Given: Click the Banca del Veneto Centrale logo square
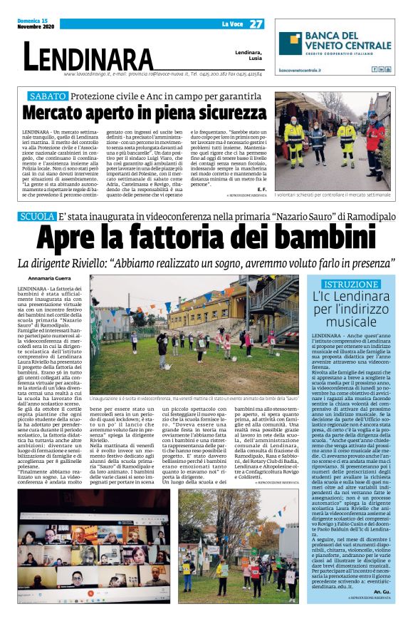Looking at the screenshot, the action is tap(289, 46).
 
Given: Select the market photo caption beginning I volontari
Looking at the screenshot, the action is tap(333, 194).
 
